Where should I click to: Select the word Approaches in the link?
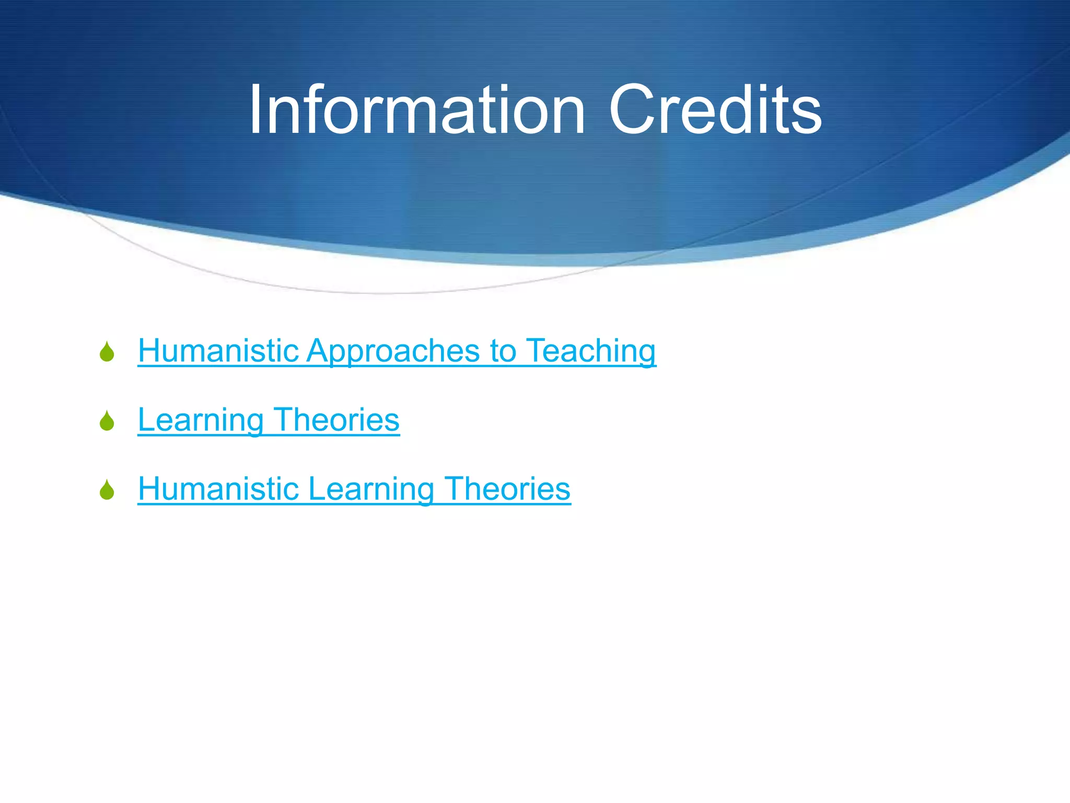click(393, 351)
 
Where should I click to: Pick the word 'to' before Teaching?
click(502, 351)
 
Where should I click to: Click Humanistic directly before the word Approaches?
click(218, 350)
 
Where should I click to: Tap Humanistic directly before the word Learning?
click(218, 489)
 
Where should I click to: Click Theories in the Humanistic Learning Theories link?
click(507, 489)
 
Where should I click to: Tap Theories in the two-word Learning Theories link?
click(336, 420)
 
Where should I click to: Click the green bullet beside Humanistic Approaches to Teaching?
click(107, 352)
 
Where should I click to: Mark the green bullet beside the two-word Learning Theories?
click(107, 421)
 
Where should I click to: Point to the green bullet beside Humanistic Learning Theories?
click(107, 490)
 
